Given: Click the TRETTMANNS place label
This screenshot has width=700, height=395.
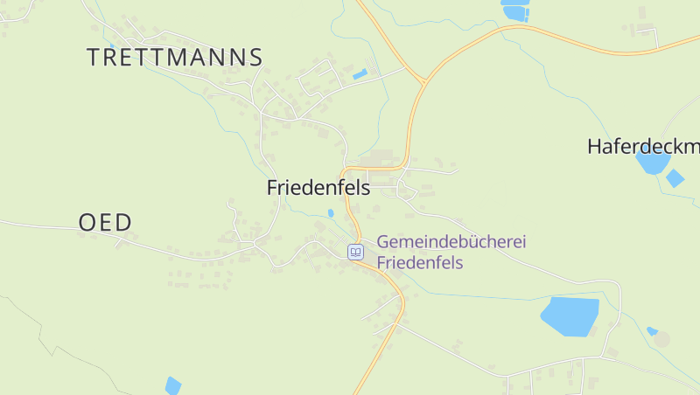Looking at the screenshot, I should pos(175,58).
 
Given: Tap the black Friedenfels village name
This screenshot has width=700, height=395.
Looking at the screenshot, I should pos(318,188).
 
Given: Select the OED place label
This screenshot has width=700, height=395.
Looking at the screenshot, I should pos(105,223).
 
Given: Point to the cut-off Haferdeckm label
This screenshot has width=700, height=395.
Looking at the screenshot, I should pos(644,147).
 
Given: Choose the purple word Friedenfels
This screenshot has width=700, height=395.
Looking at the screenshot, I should pos(419,262).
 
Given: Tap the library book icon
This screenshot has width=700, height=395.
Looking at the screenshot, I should pos(355,252).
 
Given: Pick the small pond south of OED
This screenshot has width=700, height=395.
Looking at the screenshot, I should pos(173,385).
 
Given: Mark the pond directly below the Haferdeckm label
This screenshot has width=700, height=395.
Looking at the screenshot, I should pos(651,163).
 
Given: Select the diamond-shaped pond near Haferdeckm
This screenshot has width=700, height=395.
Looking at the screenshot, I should pos(675,178).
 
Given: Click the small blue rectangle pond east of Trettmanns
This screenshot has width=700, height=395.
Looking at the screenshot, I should pos(360,74).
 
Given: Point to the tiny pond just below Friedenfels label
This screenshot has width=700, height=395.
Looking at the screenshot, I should pos(331,212).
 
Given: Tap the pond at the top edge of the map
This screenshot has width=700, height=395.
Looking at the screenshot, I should pos(515,10).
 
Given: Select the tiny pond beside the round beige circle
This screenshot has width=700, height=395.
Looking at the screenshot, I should pos(652,331).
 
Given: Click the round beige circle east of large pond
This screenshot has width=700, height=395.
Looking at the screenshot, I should pos(662,339).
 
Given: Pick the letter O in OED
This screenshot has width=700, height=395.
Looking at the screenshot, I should pos(87,223).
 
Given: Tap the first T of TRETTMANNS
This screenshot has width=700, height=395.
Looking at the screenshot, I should pos(94,58).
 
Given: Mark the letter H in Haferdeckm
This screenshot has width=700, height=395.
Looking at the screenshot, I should pos(595,147).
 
